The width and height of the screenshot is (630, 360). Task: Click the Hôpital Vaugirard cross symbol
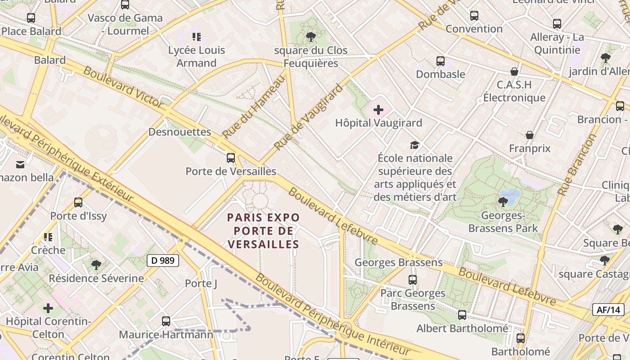click(378, 110)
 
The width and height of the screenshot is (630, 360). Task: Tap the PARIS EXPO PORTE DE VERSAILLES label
click(263, 231)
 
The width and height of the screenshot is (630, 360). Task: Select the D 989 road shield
click(163, 261)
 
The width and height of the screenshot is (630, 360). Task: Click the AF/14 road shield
click(608, 310)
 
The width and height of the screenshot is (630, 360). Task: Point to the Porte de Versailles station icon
click(231, 157)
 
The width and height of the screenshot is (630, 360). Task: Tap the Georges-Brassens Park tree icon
click(503, 202)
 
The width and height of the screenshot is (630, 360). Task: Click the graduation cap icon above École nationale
click(414, 144)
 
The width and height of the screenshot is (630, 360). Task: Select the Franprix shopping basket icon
click(530, 135)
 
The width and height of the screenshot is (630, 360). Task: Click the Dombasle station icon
click(441, 61)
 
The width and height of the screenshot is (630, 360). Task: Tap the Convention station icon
click(474, 16)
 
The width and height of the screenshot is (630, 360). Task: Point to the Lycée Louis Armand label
click(197, 56)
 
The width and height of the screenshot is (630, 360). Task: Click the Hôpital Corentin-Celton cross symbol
click(48, 308)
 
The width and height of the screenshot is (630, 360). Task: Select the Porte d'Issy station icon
click(78, 202)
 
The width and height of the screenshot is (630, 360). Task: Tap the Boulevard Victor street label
click(123, 87)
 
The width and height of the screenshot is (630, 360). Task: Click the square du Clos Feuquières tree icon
click(310, 37)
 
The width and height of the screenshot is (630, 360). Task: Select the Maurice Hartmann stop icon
click(166, 321)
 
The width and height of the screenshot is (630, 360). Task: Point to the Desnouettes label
click(180, 132)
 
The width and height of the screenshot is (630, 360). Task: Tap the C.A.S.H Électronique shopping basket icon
click(514, 72)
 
